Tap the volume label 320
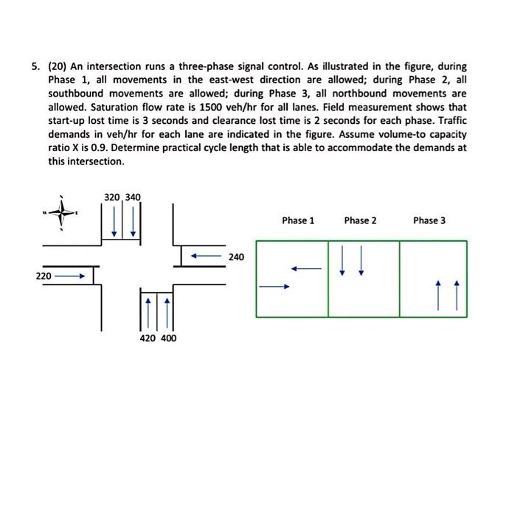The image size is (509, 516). [112, 197]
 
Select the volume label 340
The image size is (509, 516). [133, 197]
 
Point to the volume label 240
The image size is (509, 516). [236, 257]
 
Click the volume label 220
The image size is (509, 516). [44, 276]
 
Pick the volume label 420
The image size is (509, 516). [148, 338]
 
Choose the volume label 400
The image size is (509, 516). [169, 338]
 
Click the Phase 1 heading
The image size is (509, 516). [298, 220]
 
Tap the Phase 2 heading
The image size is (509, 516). [360, 220]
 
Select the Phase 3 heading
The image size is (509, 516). [429, 220]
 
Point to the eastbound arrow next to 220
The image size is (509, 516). [71, 277]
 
